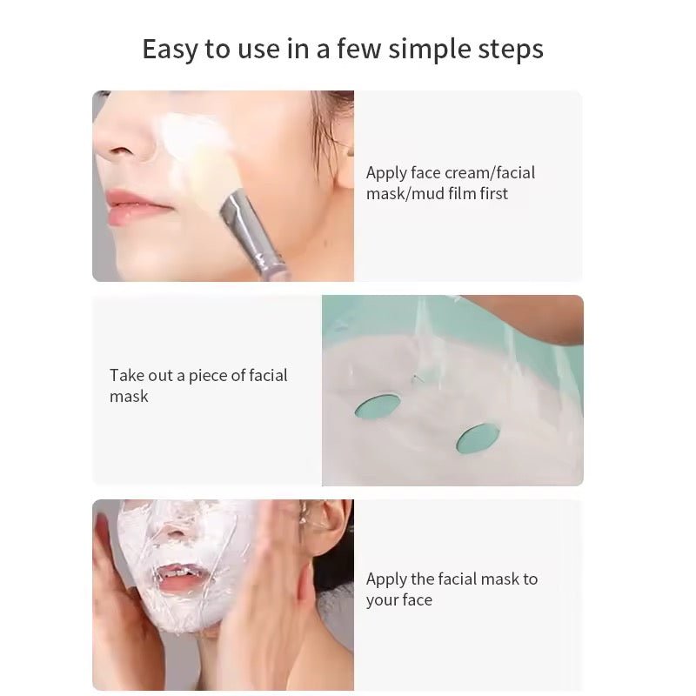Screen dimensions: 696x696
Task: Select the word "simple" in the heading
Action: (427, 50)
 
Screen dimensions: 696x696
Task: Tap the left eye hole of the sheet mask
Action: (378, 405)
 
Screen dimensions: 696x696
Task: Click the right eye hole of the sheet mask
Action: (478, 438)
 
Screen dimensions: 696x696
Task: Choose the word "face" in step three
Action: (416, 600)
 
